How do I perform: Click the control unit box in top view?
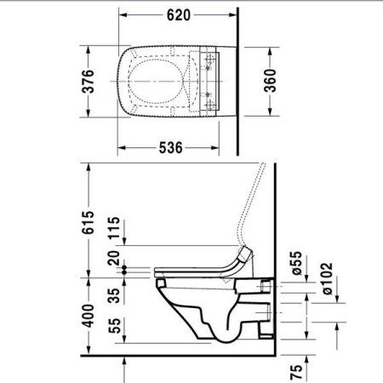(209, 82)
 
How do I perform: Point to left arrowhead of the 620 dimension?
(120, 15)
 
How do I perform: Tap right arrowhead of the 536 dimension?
(223, 148)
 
